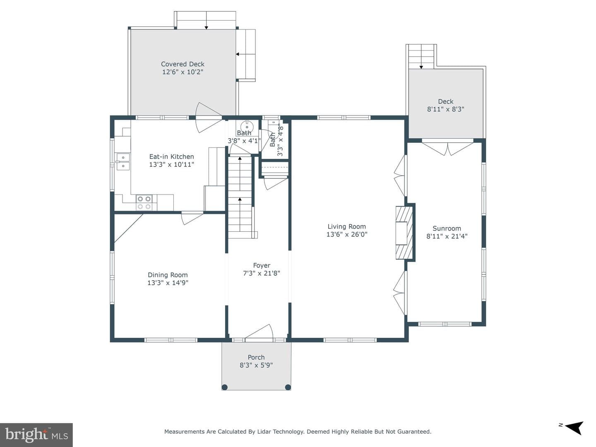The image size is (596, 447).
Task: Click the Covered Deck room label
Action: click(x=183, y=64)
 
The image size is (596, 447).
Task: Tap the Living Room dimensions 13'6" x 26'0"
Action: click(x=347, y=234)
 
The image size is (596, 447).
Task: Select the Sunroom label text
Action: click(x=447, y=228)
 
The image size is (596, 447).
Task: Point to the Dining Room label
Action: click(x=168, y=275)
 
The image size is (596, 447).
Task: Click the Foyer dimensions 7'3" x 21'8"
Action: click(x=262, y=273)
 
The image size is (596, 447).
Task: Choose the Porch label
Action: click(x=256, y=357)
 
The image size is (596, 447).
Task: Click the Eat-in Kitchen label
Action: click(x=171, y=156)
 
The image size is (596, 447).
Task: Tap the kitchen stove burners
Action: click(x=144, y=202)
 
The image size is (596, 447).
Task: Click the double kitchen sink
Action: click(x=123, y=162)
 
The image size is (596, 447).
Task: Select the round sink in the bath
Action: click(x=247, y=127)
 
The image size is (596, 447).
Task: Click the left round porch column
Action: click(x=225, y=387)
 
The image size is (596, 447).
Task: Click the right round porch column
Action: click(x=288, y=387)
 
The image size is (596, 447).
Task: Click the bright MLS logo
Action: click(x=36, y=435)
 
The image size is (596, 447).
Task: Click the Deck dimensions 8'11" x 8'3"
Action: click(x=446, y=109)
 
